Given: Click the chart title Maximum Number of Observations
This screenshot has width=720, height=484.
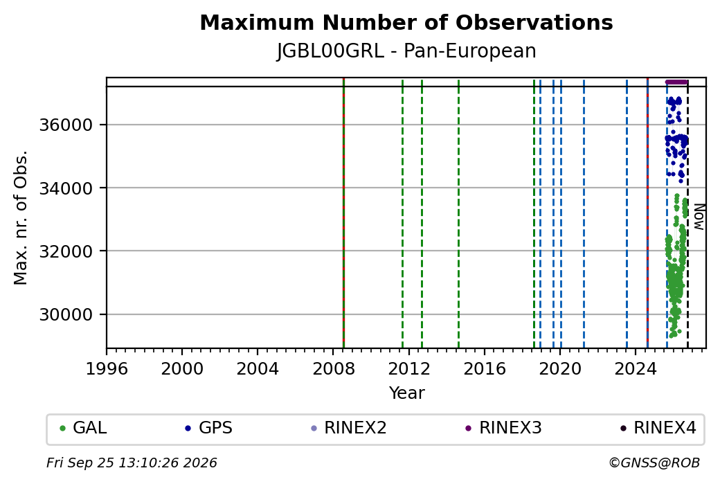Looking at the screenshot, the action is pyautogui.click(x=406, y=22).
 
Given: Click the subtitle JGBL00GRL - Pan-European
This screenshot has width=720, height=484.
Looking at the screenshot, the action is pyautogui.click(x=406, y=51).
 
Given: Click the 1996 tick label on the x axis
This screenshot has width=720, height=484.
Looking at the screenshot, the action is pyautogui.click(x=107, y=369).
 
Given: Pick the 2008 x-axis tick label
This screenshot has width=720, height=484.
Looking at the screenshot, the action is pyautogui.click(x=334, y=369).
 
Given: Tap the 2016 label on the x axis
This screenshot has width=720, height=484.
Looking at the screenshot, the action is pyautogui.click(x=485, y=369).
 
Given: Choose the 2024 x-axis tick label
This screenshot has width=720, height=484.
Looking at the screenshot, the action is pyautogui.click(x=636, y=369).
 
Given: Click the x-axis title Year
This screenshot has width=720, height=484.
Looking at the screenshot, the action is pyautogui.click(x=407, y=393).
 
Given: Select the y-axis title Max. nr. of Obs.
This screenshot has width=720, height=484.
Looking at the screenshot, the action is pyautogui.click(x=21, y=217).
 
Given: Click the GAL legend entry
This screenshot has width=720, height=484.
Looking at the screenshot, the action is pyautogui.click(x=84, y=428).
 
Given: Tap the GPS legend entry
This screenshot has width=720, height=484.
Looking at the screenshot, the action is pyautogui.click(x=209, y=428).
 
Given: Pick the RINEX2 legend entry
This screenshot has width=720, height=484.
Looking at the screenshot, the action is pyautogui.click(x=349, y=428).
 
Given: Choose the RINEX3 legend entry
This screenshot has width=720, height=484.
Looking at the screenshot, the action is pyautogui.click(x=504, y=428).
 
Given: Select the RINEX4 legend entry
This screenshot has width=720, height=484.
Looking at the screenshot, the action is pyautogui.click(x=658, y=428).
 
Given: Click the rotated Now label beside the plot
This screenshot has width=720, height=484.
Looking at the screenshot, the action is pyautogui.click(x=699, y=217).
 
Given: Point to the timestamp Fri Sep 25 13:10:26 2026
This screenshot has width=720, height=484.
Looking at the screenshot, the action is pyautogui.click(x=132, y=463).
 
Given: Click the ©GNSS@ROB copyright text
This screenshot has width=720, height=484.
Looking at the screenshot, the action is pyautogui.click(x=654, y=463).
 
